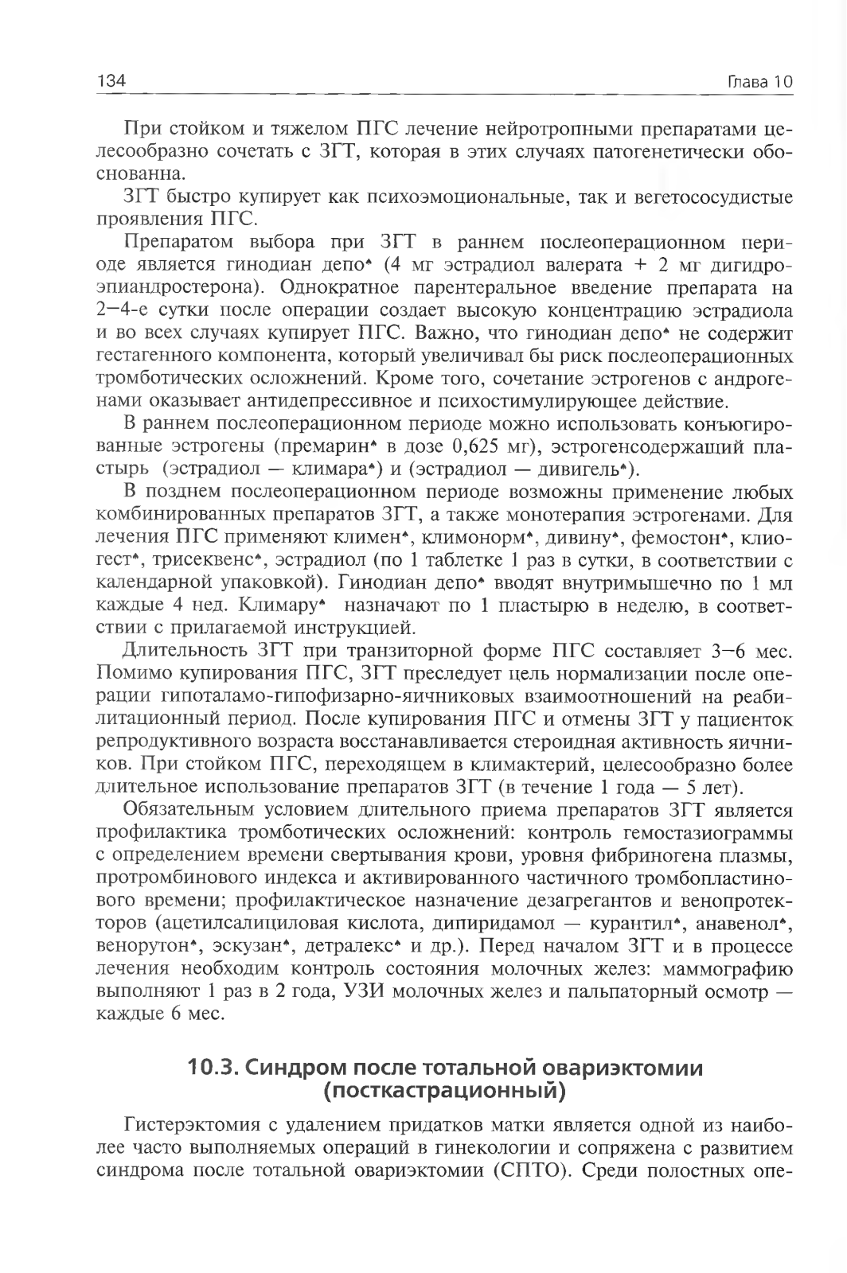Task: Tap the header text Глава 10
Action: (761, 82)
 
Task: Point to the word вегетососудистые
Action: (722, 197)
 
